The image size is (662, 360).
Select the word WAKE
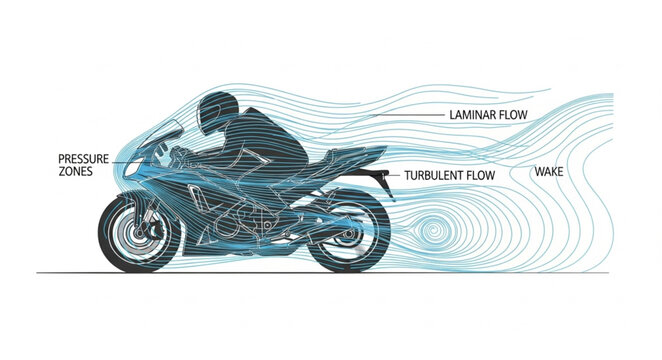point(549,172)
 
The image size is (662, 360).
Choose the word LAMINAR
point(466,115)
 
